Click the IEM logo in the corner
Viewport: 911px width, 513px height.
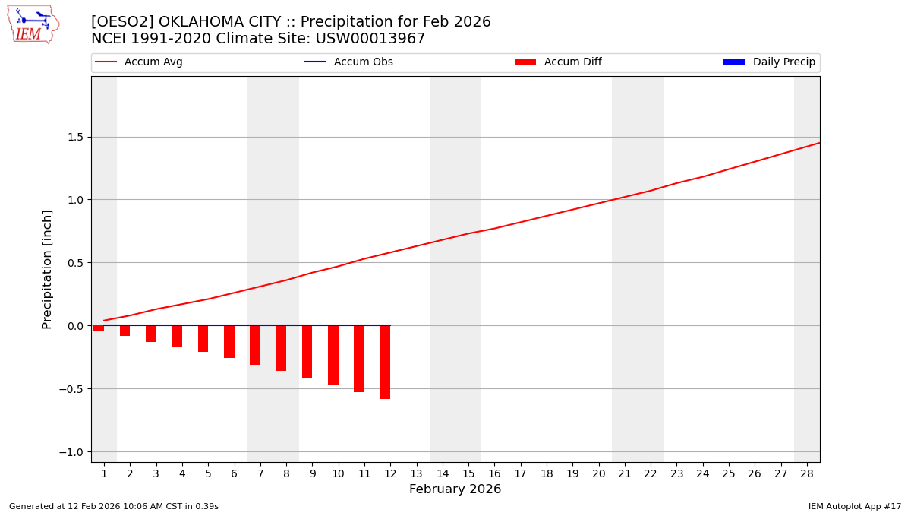click(x=33, y=24)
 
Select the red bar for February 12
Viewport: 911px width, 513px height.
click(x=386, y=362)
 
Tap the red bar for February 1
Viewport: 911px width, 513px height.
click(x=99, y=328)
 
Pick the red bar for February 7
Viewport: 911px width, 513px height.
click(x=255, y=345)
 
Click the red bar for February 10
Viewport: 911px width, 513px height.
click(x=333, y=355)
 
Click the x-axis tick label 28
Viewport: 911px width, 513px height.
click(x=807, y=474)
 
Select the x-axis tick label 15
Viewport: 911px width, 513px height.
click(x=468, y=474)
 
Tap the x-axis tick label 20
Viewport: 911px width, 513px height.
click(x=598, y=474)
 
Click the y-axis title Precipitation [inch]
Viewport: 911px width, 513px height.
click(x=47, y=269)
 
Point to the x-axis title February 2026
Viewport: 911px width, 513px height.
click(x=455, y=489)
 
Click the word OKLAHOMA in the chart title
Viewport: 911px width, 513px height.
click(x=194, y=22)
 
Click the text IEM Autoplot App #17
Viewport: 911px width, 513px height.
click(x=854, y=506)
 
